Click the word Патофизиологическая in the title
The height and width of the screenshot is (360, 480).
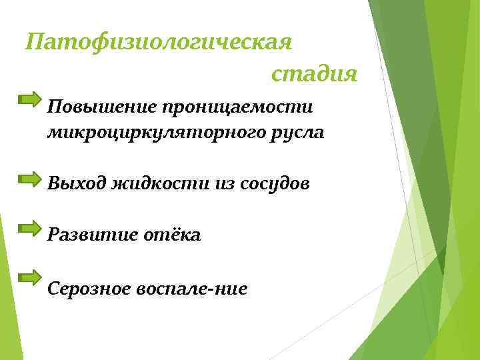point(159,43)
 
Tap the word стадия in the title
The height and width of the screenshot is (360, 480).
point(314,75)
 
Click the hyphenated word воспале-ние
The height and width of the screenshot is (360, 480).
point(191,288)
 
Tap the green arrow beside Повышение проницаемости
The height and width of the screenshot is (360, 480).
point(30,100)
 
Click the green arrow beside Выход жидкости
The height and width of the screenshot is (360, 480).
point(30,178)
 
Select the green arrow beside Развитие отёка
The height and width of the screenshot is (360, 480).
point(30,228)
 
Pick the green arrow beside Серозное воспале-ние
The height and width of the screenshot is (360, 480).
point(30,275)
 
